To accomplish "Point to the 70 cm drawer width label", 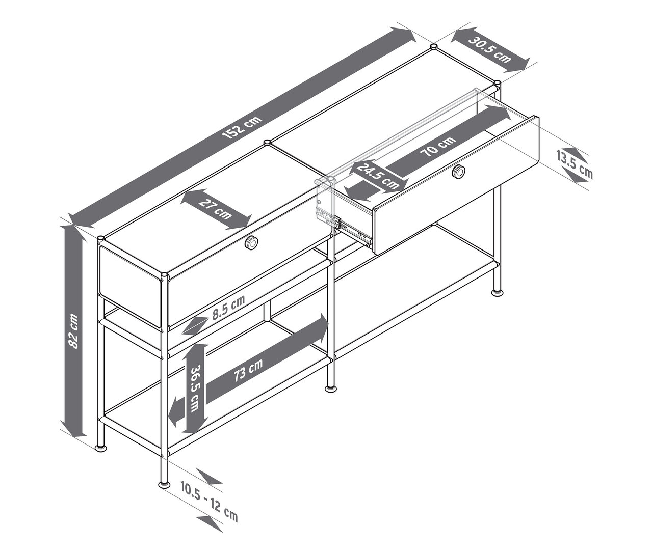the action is coord(438,146).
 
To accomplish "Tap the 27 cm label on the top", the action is coord(216,209).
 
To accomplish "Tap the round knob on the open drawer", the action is coord(459,172).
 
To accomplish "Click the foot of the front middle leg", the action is coord(331,388).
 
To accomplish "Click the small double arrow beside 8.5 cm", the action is coord(193,325).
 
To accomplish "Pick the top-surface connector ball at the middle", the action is coord(267,143).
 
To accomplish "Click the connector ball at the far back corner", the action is coord(434,47).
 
